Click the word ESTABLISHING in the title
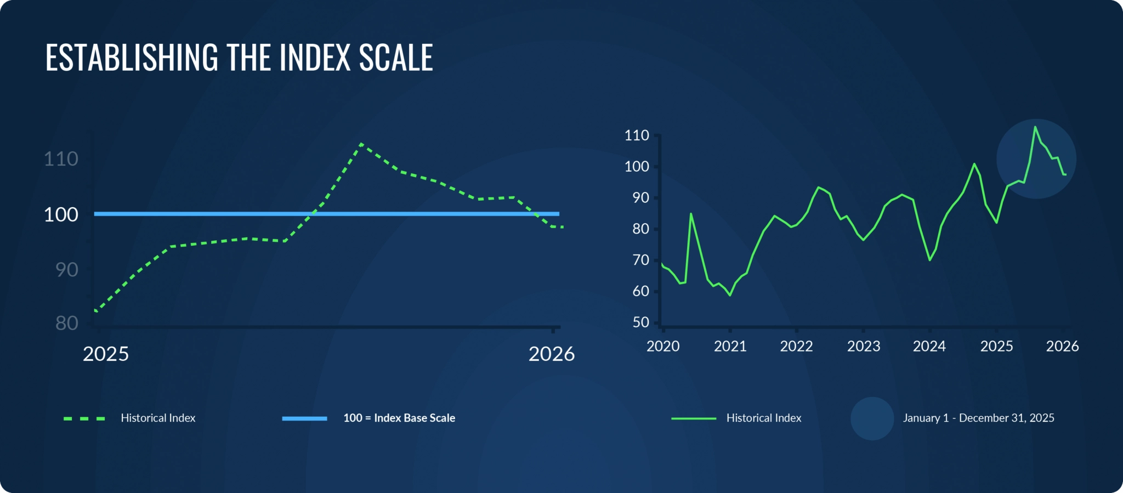coord(132,58)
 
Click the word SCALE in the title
coord(395,58)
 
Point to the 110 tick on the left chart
coord(61,159)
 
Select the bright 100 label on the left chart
coord(61,214)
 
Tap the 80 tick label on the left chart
coord(66,324)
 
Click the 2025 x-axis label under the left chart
coord(105,354)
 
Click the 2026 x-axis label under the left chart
coord(551,354)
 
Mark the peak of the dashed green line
coord(361,144)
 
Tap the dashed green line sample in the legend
coord(84,418)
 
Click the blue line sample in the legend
coord(304,418)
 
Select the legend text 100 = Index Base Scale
coord(399,418)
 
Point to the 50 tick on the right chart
coord(640,322)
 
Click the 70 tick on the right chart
coord(640,260)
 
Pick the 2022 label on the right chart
coord(796,347)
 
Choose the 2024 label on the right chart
coord(929,347)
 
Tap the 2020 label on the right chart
coord(663,347)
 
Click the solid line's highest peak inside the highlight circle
coord(1035,127)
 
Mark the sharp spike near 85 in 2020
coord(691,214)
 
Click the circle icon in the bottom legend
coord(872,418)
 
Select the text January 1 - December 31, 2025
coord(978,418)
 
